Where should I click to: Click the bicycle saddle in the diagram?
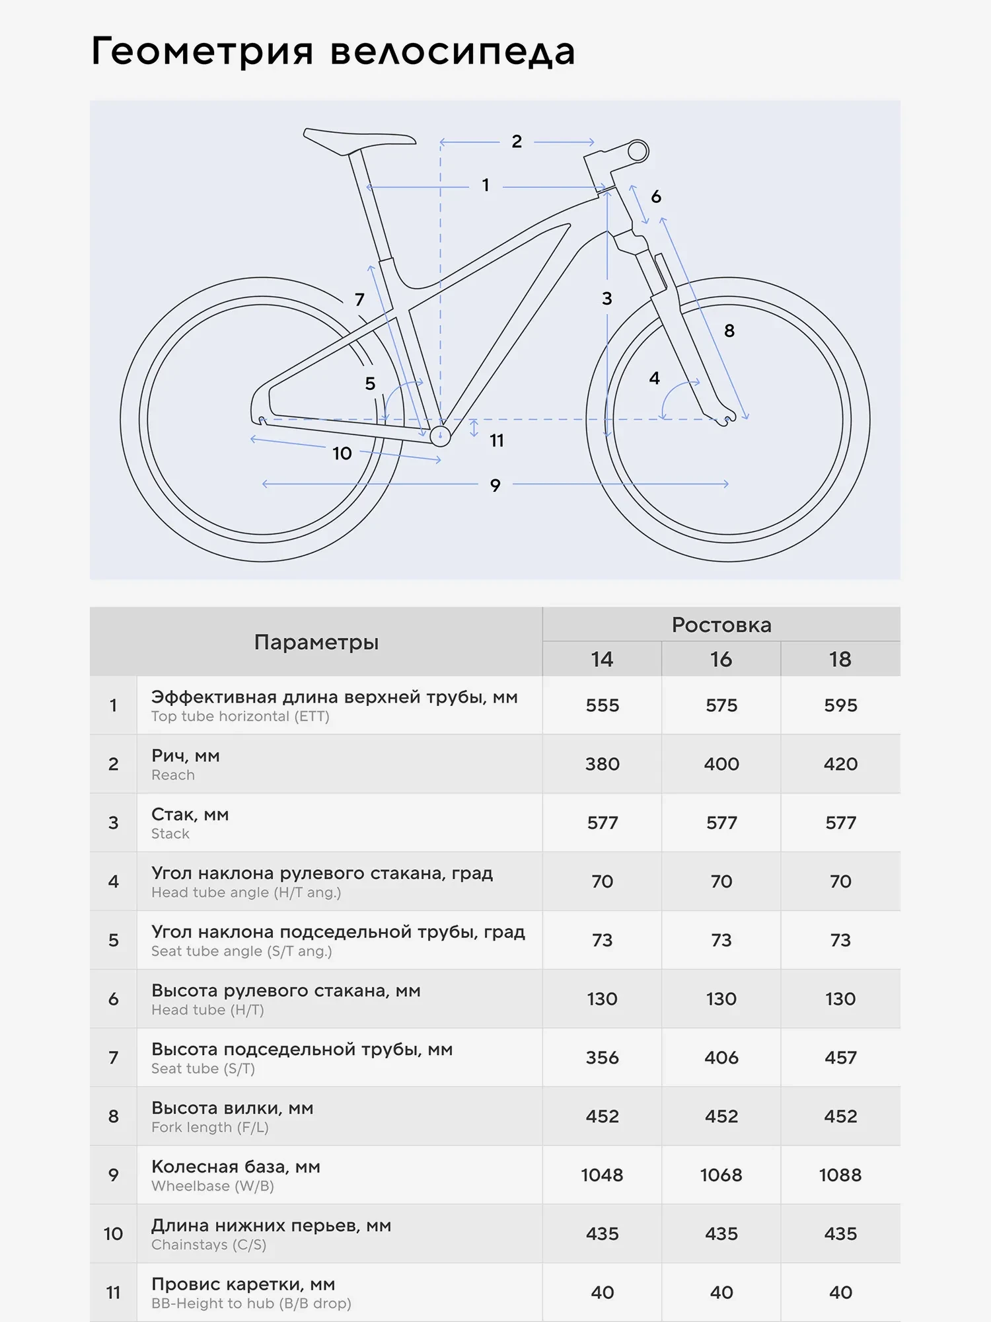tap(357, 139)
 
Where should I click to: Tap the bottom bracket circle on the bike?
tap(440, 436)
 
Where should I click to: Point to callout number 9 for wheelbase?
tap(495, 486)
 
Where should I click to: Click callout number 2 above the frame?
tap(517, 141)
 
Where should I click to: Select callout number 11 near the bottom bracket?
tap(496, 441)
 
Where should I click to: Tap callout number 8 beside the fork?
tap(729, 331)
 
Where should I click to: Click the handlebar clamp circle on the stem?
tap(638, 151)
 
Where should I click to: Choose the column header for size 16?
tap(721, 659)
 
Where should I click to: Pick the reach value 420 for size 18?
tap(840, 764)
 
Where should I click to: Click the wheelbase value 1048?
tap(602, 1175)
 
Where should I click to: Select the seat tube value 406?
tap(721, 1058)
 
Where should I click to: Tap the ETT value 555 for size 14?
tap(602, 705)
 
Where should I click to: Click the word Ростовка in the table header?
tap(721, 625)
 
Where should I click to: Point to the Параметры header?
tap(316, 642)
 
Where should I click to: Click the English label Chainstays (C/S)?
tap(209, 1245)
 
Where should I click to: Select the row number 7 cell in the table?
tap(114, 1058)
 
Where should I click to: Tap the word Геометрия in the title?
tap(202, 52)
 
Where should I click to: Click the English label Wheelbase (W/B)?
tap(213, 1186)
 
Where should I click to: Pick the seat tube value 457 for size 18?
tap(840, 1058)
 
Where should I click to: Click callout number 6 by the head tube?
tap(655, 196)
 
